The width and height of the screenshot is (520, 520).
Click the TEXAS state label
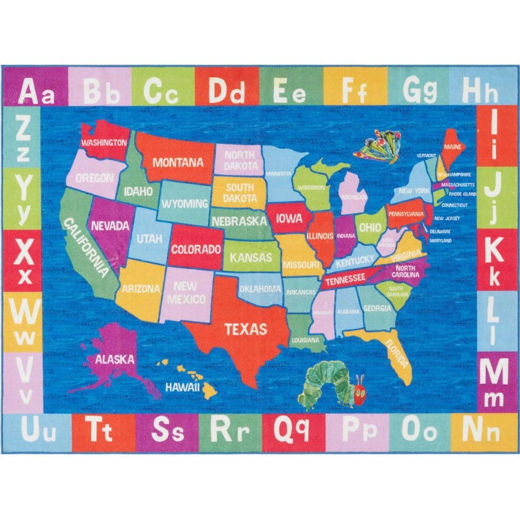coord(245,329)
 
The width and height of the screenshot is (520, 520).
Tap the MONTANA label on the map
coord(178,162)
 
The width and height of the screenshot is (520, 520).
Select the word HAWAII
coord(183,387)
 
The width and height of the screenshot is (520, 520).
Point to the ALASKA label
coord(114,359)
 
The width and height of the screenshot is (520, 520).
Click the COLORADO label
coord(196,249)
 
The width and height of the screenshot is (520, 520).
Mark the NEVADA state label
coord(110,226)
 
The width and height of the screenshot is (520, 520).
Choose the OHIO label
coord(369,227)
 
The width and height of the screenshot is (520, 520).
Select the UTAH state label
coord(149,239)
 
